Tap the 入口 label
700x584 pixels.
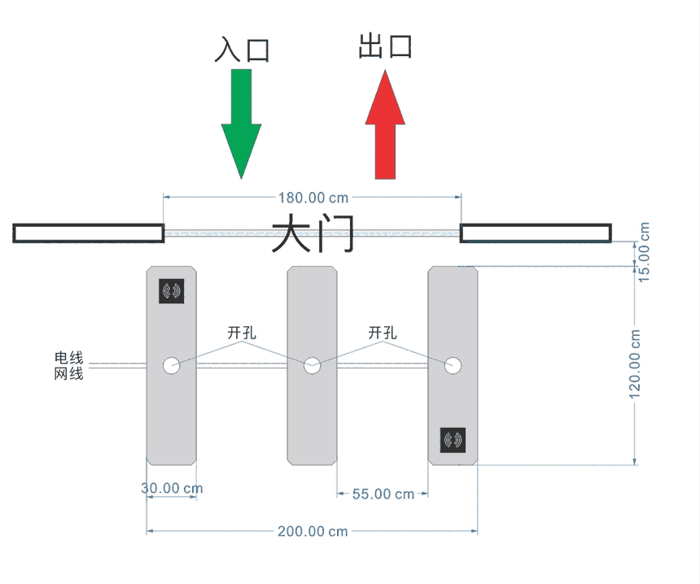click(x=241, y=50)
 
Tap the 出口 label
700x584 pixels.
click(x=385, y=46)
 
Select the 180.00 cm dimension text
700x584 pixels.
click(x=313, y=198)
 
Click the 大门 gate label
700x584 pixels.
click(x=313, y=235)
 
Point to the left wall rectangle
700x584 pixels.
click(x=89, y=233)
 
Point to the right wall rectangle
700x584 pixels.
click(x=536, y=233)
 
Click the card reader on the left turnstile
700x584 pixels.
click(x=172, y=291)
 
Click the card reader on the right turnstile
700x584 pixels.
click(x=453, y=440)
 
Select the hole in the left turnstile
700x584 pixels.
click(x=171, y=366)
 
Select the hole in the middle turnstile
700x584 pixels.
click(x=312, y=366)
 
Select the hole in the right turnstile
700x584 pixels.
click(x=453, y=366)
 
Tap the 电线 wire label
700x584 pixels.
click(x=68, y=358)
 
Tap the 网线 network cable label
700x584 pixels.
click(x=68, y=374)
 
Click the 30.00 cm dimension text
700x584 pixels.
click(x=172, y=488)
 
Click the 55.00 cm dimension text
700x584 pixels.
click(x=383, y=494)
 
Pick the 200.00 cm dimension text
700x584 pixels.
click(x=313, y=531)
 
